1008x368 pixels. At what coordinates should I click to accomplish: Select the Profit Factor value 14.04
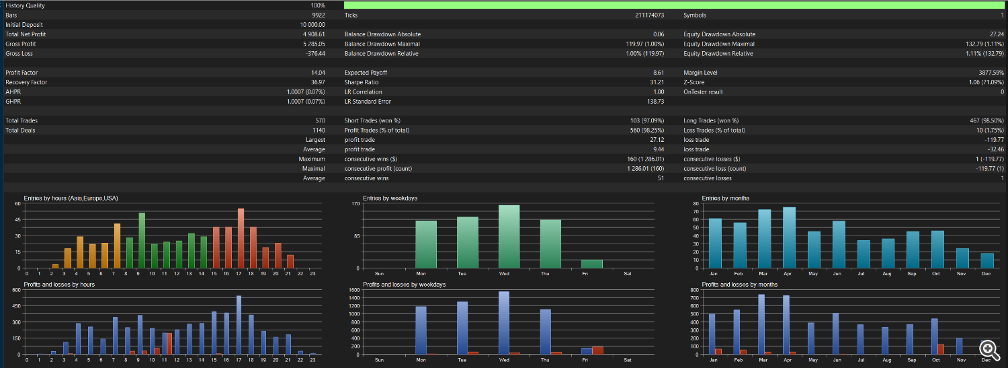click(x=318, y=73)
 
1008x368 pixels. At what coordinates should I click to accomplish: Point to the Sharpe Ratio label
click(x=362, y=82)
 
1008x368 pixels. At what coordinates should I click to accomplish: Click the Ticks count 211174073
click(x=649, y=15)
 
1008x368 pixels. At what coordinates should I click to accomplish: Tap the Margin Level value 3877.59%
click(x=991, y=73)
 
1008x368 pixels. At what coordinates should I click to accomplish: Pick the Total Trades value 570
click(x=320, y=120)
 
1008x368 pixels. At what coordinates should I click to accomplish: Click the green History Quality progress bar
click(x=674, y=5)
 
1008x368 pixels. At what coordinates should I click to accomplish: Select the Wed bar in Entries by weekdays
click(x=509, y=236)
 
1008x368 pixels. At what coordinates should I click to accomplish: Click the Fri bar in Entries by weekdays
click(x=592, y=264)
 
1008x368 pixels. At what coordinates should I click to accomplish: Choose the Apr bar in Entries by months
click(x=790, y=238)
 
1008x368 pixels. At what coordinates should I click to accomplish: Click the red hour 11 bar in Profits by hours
click(x=169, y=343)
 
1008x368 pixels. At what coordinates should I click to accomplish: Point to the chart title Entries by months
click(x=725, y=198)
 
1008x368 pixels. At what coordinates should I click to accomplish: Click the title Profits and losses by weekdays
click(x=404, y=285)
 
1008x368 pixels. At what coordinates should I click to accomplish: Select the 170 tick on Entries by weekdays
click(x=355, y=204)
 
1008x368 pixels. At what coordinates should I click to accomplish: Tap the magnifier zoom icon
click(x=989, y=350)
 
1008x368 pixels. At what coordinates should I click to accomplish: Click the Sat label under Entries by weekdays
click(x=627, y=273)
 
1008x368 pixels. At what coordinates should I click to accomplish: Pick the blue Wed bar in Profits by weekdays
click(x=504, y=322)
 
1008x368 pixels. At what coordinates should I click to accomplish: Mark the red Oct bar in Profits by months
click(x=941, y=349)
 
